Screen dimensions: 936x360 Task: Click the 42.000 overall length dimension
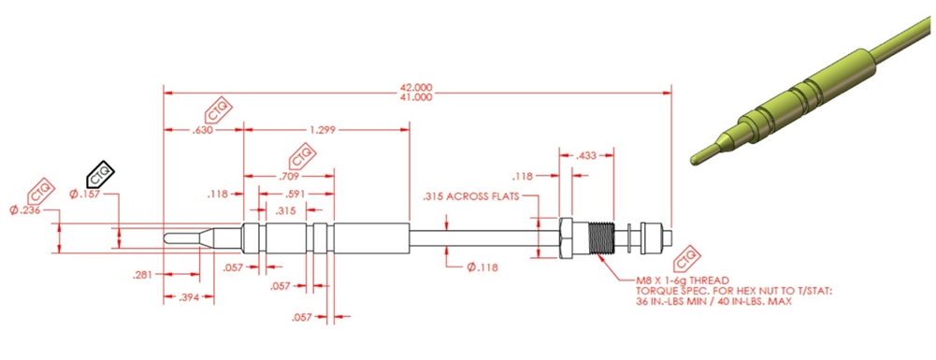click(x=417, y=87)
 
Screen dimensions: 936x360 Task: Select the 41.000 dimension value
click(x=417, y=97)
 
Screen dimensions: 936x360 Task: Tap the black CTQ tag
click(x=100, y=173)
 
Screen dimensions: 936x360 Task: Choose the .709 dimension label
click(x=289, y=177)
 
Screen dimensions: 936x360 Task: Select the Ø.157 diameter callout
click(x=85, y=194)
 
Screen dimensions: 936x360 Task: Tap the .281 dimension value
click(x=143, y=275)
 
